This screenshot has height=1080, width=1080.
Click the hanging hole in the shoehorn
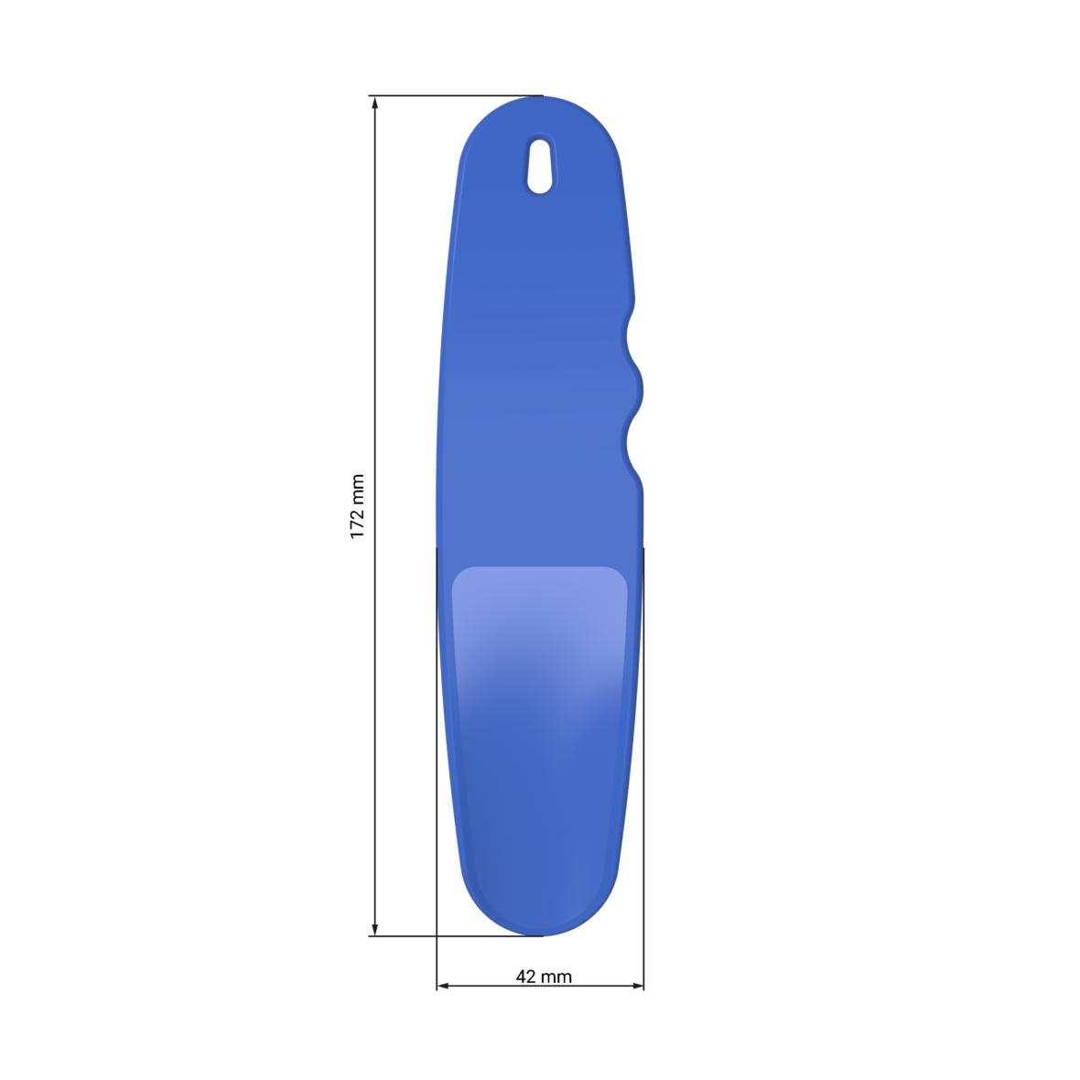coord(541,166)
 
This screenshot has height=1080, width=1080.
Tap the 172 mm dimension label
coord(358,505)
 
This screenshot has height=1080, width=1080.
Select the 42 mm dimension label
coord(544,977)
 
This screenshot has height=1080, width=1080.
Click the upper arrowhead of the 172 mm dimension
coord(374,103)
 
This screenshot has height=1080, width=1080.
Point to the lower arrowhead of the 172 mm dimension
coord(374,929)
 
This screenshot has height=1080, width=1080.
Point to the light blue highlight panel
coord(540,622)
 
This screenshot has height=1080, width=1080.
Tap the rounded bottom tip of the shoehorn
coord(540,924)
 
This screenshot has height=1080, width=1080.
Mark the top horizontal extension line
coord(458,95)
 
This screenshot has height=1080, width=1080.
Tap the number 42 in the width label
coord(525,977)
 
